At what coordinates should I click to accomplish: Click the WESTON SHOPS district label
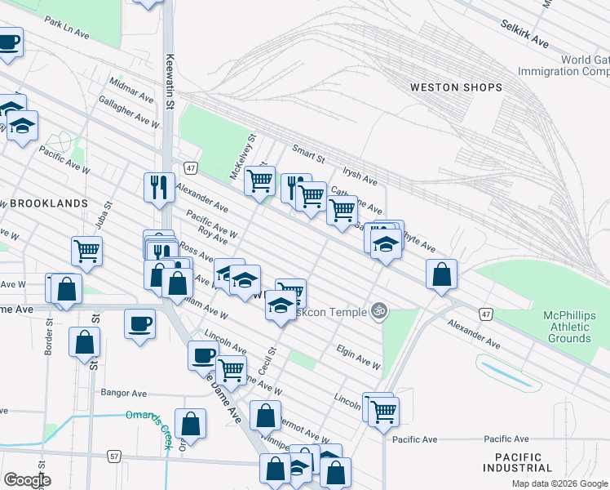pos(455,87)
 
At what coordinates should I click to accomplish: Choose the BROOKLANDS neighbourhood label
pos(45,203)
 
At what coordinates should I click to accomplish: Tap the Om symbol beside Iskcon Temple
pos(377,310)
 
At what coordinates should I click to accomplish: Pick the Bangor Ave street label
pos(122,392)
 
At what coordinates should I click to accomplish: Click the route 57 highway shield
pos(113,455)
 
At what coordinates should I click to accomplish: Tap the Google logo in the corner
pos(26,480)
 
